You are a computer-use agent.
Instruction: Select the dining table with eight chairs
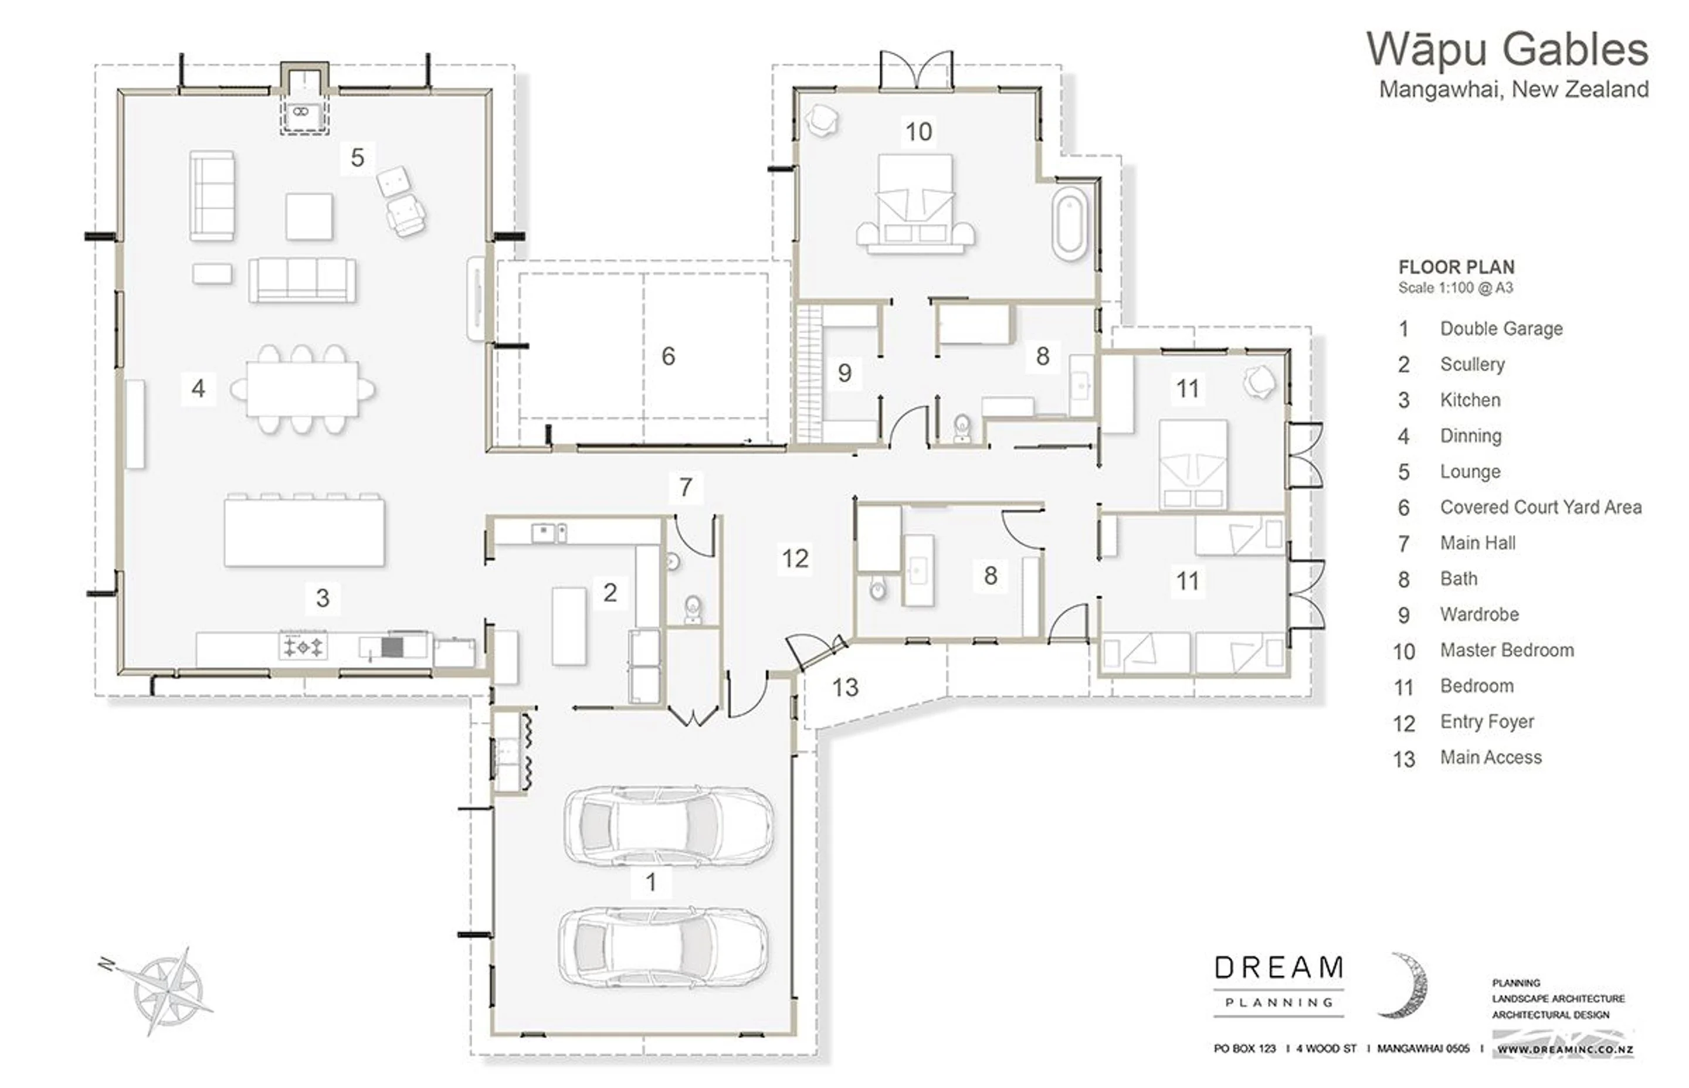(x=303, y=389)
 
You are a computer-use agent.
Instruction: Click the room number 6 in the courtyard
(x=669, y=356)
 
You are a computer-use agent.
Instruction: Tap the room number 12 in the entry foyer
(x=795, y=559)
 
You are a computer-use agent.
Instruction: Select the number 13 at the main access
(x=845, y=688)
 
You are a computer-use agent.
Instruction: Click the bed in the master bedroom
(x=915, y=204)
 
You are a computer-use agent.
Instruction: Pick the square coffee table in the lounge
(x=309, y=216)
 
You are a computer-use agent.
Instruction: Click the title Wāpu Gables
(x=1507, y=49)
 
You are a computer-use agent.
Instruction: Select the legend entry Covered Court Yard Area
(x=1541, y=507)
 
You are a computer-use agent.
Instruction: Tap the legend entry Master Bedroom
(x=1507, y=651)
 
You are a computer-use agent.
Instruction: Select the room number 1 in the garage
(x=651, y=882)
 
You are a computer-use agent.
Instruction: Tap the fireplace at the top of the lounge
(x=304, y=100)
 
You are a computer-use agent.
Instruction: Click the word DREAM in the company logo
(x=1279, y=968)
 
